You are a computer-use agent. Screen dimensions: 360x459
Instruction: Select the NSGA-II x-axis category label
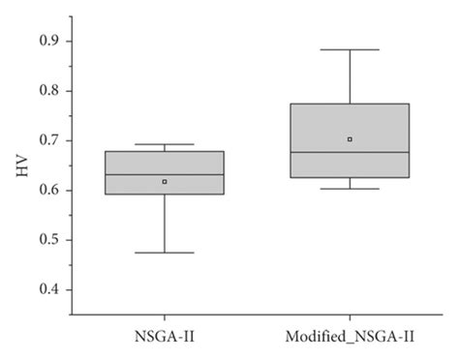pos(164,336)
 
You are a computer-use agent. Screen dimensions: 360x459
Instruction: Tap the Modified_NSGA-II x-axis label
pos(350,336)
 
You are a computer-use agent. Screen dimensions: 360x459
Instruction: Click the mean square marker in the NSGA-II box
pos(165,181)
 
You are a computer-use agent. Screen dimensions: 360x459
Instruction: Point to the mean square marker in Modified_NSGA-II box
pos(350,139)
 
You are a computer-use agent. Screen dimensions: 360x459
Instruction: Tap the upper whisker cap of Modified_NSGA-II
pos(350,49)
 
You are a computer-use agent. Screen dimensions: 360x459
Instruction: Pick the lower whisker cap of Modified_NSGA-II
pos(350,189)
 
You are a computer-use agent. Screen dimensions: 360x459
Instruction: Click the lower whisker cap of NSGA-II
pos(165,253)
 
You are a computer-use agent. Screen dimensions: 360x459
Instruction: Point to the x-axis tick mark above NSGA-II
pos(165,311)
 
